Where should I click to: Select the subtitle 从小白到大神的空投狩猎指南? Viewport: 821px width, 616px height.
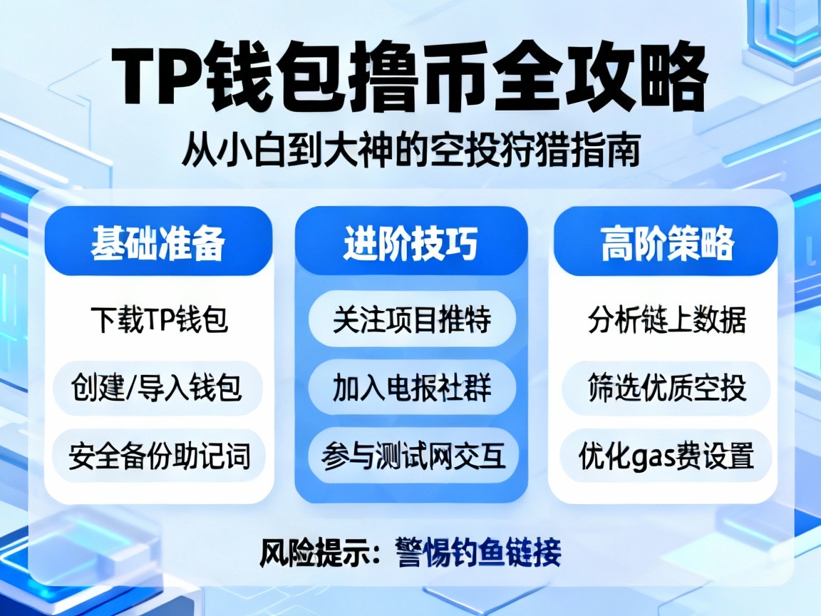410,150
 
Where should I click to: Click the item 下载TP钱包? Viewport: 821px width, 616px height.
159,320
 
